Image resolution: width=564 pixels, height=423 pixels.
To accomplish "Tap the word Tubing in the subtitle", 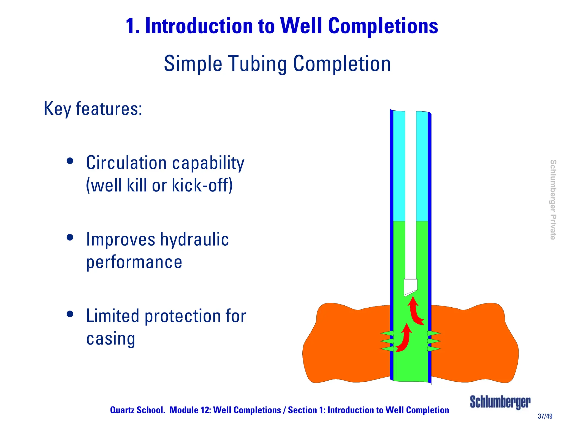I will click(258, 64).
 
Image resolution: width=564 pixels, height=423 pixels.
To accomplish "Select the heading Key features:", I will click(93, 109).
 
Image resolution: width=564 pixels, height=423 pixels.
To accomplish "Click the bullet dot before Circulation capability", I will click(70, 161).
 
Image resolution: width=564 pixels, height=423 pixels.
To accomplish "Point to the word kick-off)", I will click(202, 185).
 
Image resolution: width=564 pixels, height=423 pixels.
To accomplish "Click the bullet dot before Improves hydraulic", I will click(70, 237).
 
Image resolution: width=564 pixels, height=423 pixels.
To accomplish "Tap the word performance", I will click(134, 262).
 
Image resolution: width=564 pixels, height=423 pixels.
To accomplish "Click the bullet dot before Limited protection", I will click(70, 314).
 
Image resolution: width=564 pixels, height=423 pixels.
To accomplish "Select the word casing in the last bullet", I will click(111, 338).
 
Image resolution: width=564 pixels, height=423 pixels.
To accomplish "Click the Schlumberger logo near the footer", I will click(500, 402).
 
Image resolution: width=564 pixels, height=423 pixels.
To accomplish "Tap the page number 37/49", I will click(545, 416).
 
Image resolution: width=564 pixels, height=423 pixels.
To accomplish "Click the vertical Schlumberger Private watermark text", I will click(553, 200).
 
